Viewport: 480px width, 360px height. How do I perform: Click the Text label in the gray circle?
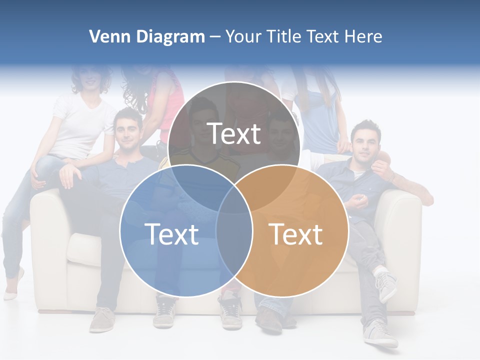coord(234,133)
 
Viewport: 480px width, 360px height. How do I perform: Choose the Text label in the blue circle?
coord(171,234)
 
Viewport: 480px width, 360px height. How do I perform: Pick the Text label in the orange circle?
coord(296,234)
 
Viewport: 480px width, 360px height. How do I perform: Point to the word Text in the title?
coord(323,36)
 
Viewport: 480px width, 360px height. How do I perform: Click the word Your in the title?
coord(243,36)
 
